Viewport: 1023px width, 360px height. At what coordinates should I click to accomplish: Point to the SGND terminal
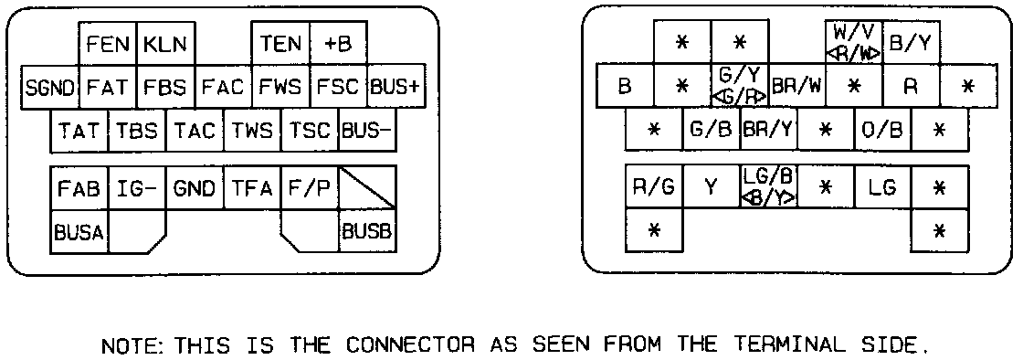[x=50, y=87]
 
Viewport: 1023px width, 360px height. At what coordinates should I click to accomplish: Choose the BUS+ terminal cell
[x=396, y=87]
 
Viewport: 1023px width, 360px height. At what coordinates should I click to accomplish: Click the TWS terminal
[x=252, y=131]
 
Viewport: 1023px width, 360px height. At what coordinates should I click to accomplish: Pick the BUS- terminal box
[x=367, y=131]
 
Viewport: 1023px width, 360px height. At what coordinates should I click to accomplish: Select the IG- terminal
[x=137, y=188]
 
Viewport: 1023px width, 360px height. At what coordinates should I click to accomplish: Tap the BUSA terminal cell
[x=79, y=231]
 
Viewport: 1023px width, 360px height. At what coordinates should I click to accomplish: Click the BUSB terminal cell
[x=367, y=231]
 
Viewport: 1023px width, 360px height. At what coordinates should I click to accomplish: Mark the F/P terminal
[x=310, y=188]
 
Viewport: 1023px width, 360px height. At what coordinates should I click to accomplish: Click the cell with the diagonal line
[x=367, y=188]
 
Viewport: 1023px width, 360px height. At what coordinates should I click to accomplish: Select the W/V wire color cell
[x=854, y=42]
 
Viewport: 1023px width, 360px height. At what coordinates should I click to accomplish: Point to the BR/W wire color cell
[x=796, y=86]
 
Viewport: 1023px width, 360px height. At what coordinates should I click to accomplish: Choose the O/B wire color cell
[x=882, y=130]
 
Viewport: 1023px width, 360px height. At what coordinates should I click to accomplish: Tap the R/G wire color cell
[x=654, y=187]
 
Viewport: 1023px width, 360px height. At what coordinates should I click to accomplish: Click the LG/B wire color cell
[x=769, y=187]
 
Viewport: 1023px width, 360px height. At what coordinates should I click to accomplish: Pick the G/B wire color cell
[x=712, y=130]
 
